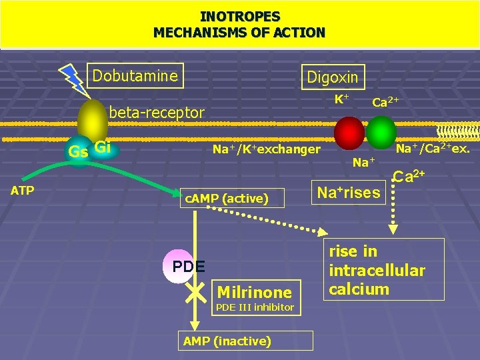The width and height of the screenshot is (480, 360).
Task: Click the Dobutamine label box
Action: pyautogui.click(x=137, y=76)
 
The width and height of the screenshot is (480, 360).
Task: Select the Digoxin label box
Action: pyautogui.click(x=332, y=77)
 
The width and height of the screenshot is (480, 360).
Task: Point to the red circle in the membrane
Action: pyautogui.click(x=349, y=133)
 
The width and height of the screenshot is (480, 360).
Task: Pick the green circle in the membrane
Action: pyautogui.click(x=381, y=132)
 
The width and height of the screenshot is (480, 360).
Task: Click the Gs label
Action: pyautogui.click(x=78, y=152)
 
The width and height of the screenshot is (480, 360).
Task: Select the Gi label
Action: pyautogui.click(x=103, y=147)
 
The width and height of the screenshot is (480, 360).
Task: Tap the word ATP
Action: pyautogui.click(x=23, y=190)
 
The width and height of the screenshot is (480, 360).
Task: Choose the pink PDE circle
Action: pyautogui.click(x=179, y=267)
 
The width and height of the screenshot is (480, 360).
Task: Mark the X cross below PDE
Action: pyautogui.click(x=195, y=292)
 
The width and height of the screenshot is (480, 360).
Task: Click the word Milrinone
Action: pyautogui.click(x=254, y=292)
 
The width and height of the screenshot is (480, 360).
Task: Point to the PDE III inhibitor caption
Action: pyautogui.click(x=254, y=307)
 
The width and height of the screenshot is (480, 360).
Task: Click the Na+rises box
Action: pyautogui.click(x=348, y=193)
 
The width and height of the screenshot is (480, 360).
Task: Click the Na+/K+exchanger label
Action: pyautogui.click(x=266, y=149)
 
